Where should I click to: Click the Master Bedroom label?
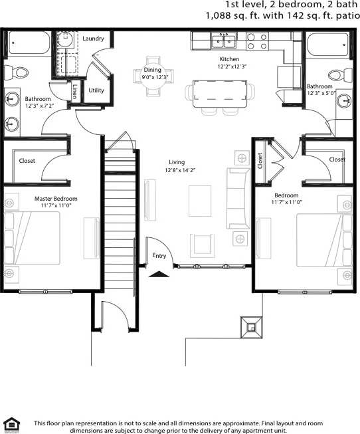pyautogui.click(x=56, y=199)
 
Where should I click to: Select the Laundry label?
pyautogui.click(x=93, y=39)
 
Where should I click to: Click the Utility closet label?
pyautogui.click(x=96, y=90)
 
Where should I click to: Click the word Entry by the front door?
pyautogui.click(x=159, y=255)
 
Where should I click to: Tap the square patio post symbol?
pyautogui.click(x=252, y=326)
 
